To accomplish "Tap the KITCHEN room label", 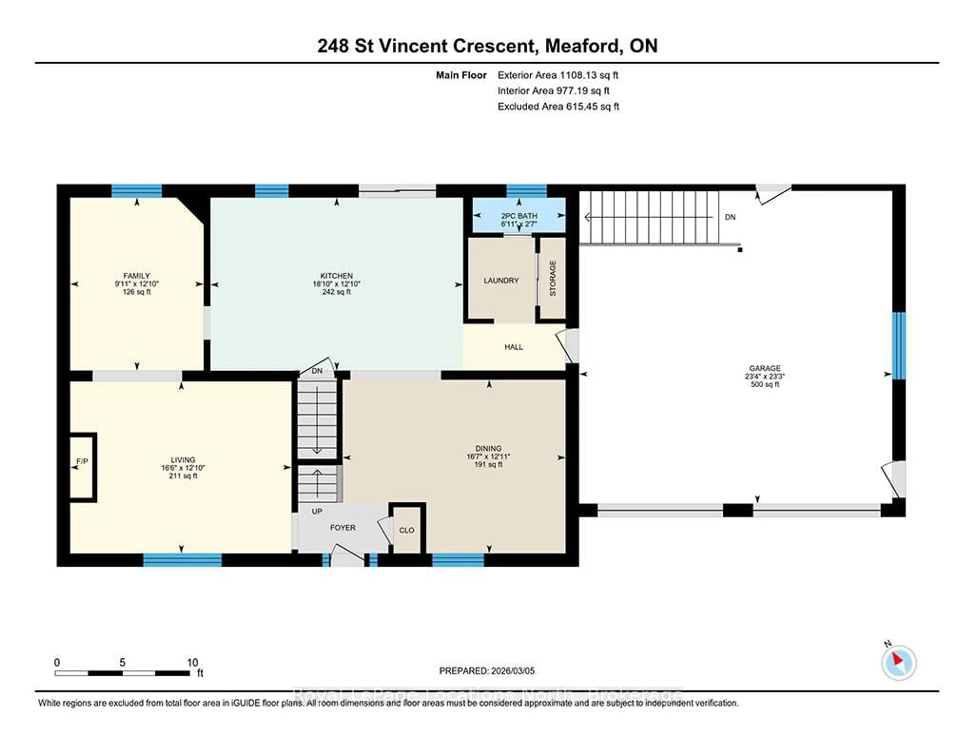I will tap(336, 276).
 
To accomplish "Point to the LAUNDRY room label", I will tap(501, 280).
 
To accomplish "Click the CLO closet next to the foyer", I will tap(406, 530).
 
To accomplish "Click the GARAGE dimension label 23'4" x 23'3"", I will tap(764, 376).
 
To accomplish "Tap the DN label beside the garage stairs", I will tap(730, 217).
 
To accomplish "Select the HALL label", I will tap(513, 347).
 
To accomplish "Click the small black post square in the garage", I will tap(740, 250).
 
